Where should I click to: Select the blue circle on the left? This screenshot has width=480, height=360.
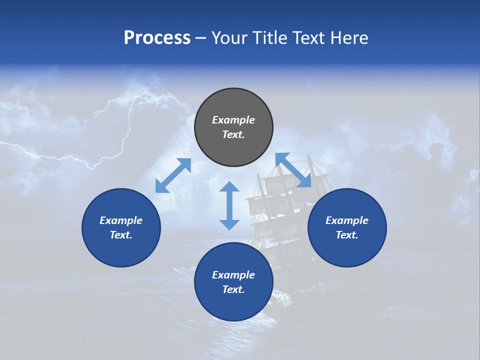click(121, 227)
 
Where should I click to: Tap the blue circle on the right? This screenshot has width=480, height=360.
click(347, 227)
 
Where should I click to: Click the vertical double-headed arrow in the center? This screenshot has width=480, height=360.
click(229, 205)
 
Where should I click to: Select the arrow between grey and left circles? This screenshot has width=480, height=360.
click(173, 175)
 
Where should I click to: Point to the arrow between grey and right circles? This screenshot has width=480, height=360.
click(293, 170)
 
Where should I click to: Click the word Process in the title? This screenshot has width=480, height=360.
click(157, 37)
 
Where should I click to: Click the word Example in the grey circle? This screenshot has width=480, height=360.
click(233, 120)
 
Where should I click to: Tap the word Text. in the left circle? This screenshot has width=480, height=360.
click(121, 235)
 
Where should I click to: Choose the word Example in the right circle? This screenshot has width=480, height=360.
click(347, 220)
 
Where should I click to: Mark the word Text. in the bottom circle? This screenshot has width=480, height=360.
click(233, 289)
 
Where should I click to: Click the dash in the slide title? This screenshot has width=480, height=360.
click(201, 38)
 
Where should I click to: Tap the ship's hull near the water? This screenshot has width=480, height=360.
click(282, 300)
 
